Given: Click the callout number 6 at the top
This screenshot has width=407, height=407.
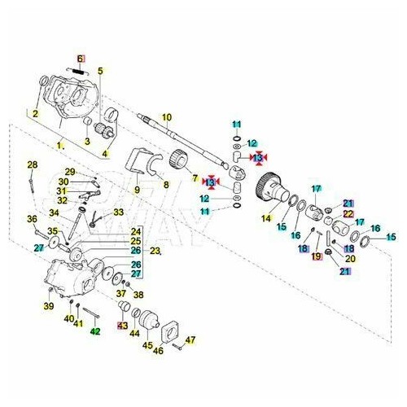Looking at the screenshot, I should [x=81, y=59].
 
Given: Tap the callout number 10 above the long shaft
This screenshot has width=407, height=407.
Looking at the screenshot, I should [x=166, y=118].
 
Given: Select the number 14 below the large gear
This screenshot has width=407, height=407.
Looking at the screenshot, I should [x=265, y=218].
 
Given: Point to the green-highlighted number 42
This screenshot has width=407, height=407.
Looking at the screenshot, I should [x=95, y=331].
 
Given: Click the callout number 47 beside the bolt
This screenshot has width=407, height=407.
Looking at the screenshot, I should [x=192, y=339].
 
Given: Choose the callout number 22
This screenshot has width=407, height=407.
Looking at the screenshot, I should [x=348, y=213].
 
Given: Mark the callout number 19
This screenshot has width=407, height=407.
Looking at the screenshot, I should [x=317, y=257].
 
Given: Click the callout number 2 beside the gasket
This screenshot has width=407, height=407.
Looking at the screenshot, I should [x=35, y=113].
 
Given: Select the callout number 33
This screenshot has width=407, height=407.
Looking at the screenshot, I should [x=119, y=212].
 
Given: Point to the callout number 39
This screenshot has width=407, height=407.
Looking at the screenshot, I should [x=48, y=306].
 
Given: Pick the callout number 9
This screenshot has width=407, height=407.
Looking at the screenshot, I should [x=138, y=190].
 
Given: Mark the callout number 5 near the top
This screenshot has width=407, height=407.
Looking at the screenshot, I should [x=101, y=71].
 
